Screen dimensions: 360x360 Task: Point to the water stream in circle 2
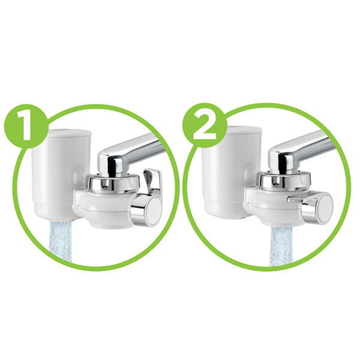tap(281, 247)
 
